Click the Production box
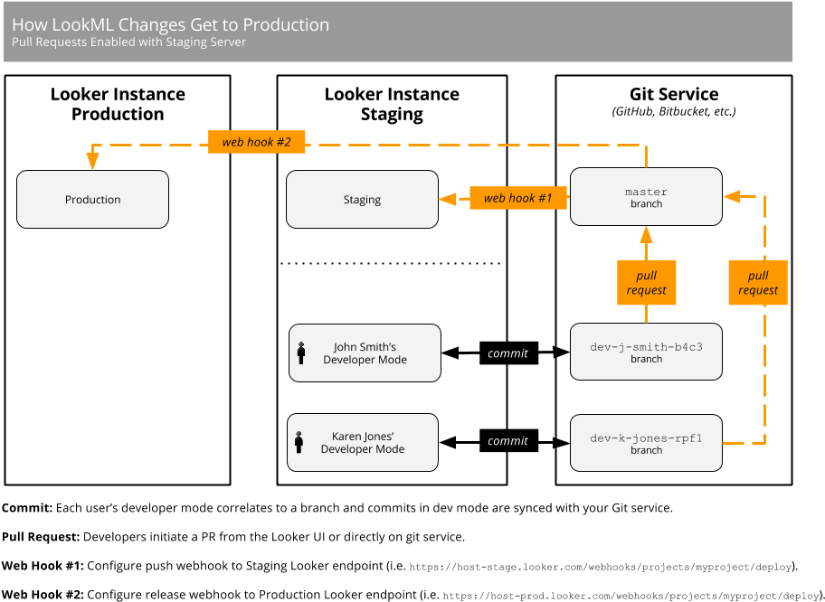coord(92,200)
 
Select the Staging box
coord(362,200)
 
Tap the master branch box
coord(646,197)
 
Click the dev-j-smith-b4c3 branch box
coord(646,353)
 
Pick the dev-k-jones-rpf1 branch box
coord(646,443)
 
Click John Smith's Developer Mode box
coord(364,353)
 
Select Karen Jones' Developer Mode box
coord(362,443)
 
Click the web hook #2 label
coord(256,142)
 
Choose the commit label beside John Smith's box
coord(507,353)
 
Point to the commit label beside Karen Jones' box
coord(507,441)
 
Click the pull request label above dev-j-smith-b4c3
coord(646,283)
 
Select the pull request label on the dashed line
coord(758,283)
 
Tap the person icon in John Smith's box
coord(301,353)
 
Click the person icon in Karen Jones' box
coord(299,442)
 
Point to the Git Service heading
coord(674,94)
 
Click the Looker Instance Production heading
coord(118,104)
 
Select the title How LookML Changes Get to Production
coord(170,24)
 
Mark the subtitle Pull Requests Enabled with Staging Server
coord(128,42)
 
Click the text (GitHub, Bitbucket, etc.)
coord(674,112)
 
